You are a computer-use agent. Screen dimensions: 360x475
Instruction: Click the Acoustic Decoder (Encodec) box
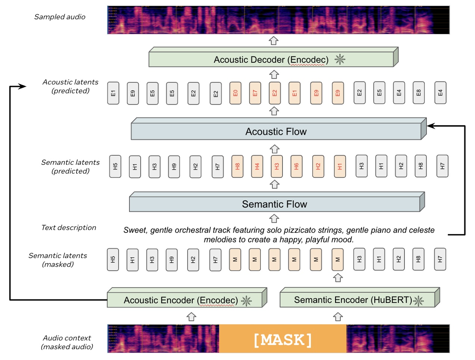271,59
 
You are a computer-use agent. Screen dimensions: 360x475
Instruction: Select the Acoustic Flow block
276,131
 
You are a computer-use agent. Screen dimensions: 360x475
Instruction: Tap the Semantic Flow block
274,204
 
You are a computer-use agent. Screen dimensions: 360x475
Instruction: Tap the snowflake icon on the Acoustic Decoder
340,59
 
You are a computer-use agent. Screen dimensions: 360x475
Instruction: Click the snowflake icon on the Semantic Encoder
418,300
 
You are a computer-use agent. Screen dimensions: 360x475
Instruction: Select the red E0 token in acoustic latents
235,93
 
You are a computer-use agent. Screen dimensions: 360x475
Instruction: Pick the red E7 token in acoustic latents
255,93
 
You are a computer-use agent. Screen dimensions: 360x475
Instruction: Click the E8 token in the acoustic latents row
418,93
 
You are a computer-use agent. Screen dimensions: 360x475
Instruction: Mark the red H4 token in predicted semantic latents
257,166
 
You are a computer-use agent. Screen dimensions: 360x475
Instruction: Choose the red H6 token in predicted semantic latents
296,166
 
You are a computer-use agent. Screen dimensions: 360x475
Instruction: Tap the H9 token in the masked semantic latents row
172,260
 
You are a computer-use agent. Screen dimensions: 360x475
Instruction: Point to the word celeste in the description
422,230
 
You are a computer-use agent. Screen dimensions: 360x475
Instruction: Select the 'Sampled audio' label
60,17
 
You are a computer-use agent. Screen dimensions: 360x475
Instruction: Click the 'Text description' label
69,227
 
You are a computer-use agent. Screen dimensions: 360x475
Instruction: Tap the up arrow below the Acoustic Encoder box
191,317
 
